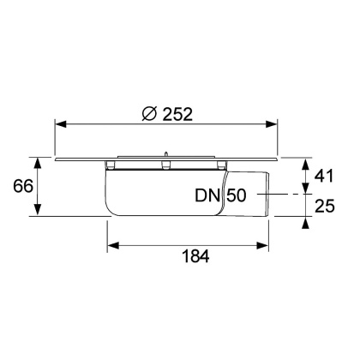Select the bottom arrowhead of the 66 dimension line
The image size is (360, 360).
point(38,213)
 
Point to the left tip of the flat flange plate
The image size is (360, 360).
point(57,159)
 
